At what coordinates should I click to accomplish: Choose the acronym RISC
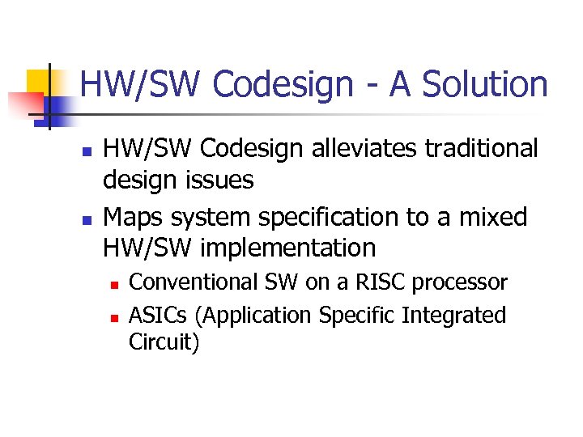pos(377,282)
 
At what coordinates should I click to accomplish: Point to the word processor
pos(460,282)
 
